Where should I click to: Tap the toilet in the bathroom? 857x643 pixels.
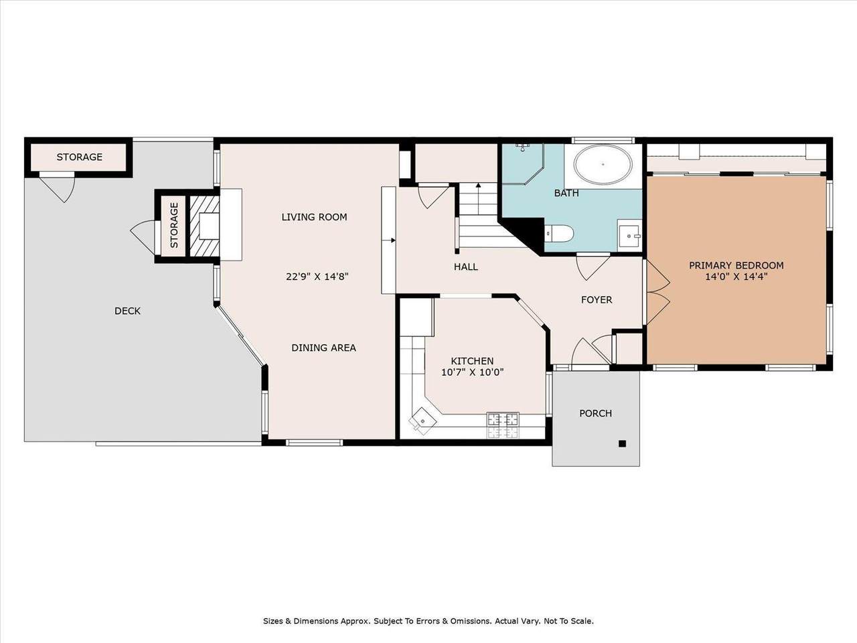coord(558,234)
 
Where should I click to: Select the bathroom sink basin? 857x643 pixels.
coord(629,235)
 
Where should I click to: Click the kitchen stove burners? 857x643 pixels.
coord(503,425)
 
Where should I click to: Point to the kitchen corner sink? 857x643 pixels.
coord(421,420)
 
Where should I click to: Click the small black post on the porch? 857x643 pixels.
coord(623,443)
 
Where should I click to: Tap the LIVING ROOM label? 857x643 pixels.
coord(314,217)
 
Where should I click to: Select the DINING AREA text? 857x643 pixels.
coord(323,348)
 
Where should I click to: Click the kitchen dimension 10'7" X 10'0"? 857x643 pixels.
coord(473,372)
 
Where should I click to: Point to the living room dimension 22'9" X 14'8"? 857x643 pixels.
coord(317,277)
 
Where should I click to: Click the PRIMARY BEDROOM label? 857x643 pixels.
coord(736,265)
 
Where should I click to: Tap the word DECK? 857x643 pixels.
coord(127,311)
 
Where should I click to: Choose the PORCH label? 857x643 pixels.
coord(595,413)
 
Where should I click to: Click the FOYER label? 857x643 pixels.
coord(597,300)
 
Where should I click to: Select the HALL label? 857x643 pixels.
coord(466,267)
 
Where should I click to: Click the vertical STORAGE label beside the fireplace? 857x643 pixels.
coord(174,225)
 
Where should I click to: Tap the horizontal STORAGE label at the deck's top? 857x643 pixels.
coord(79,157)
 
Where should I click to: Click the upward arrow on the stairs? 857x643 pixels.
coord(478,198)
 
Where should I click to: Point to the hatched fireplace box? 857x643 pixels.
coord(204,226)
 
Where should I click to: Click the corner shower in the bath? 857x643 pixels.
coord(523,163)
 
